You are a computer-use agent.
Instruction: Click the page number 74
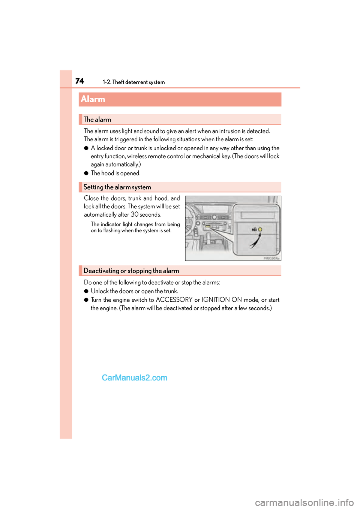[79, 81]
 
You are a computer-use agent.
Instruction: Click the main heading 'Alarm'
[93, 99]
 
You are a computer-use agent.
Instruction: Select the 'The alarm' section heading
[97, 120]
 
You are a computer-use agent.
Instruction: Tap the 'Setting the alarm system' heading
[117, 187]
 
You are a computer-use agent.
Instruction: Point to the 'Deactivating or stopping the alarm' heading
[131, 271]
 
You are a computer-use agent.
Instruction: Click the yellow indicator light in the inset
[260, 229]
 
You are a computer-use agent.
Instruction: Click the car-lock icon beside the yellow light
[254, 229]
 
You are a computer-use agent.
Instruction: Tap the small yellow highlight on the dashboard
[207, 226]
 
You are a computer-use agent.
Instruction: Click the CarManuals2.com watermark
[134, 378]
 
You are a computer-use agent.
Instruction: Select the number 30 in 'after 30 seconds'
[135, 214]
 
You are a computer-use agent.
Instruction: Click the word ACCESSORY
[174, 300]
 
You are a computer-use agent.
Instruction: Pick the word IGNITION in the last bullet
[216, 300]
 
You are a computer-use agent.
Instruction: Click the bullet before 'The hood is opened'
[86, 173]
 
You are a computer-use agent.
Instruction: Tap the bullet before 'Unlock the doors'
[86, 291]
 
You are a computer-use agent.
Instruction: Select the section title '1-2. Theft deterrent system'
[133, 82]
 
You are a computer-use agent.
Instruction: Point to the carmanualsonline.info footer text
[304, 502]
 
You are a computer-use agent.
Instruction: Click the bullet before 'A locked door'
[86, 148]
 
